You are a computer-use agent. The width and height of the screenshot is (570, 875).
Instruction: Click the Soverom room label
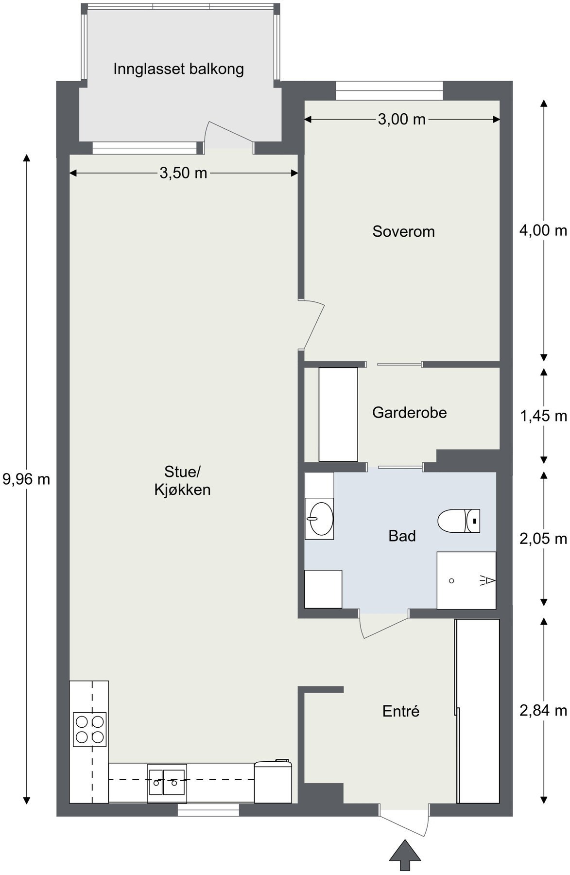point(403,231)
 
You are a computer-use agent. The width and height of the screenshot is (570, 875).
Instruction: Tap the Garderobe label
point(409,413)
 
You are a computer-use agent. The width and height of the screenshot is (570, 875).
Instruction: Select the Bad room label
point(402,536)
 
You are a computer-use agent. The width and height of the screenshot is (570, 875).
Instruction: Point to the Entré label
point(400,711)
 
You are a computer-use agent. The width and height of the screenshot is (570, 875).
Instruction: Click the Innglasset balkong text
point(178,69)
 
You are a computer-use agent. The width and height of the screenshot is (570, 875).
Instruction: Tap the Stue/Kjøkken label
point(182,480)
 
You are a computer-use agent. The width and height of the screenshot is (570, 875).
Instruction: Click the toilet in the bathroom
point(459,521)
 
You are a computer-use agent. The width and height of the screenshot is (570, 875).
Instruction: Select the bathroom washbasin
point(319,519)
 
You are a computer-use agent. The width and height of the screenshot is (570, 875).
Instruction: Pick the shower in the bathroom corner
point(466,580)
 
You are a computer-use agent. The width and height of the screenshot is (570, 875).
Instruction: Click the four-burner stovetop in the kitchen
point(90,729)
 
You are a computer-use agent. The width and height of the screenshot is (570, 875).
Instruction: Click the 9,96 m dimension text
point(26,479)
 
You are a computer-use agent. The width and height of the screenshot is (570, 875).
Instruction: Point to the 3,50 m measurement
point(183,173)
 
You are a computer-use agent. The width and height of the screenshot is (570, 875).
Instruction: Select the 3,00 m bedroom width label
point(401,119)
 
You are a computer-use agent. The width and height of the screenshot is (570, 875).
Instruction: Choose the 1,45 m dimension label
point(543,416)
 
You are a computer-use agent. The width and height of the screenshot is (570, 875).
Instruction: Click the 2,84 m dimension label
point(543,711)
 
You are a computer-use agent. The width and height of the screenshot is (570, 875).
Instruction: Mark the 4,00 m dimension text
point(543,230)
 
